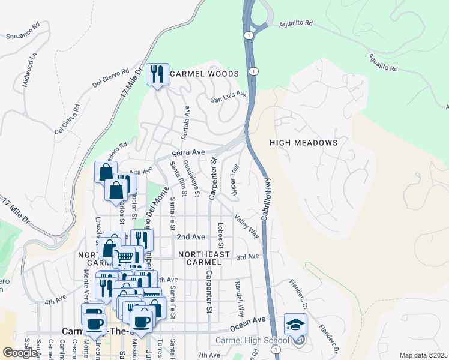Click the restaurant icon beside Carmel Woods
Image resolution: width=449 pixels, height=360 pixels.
157,74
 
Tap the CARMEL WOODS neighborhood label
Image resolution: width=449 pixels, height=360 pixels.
204,74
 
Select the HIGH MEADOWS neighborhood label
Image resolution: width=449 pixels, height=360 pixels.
304,143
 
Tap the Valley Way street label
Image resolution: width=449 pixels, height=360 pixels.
247,227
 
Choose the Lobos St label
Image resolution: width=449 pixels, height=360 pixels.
221,236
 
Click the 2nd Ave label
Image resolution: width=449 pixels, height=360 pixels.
191,237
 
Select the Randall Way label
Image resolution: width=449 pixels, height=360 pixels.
239,299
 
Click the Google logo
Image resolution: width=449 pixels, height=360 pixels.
20,353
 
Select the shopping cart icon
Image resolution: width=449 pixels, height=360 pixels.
124,257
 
